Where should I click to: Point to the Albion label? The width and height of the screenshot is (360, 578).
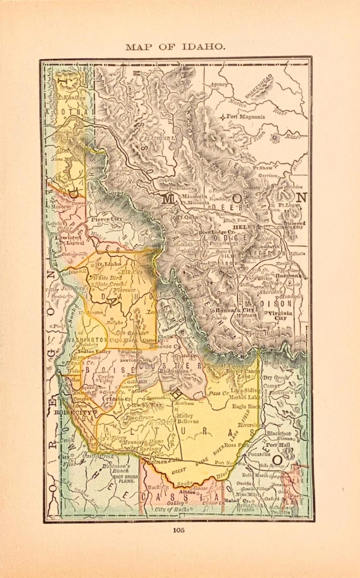click(188, 492)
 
